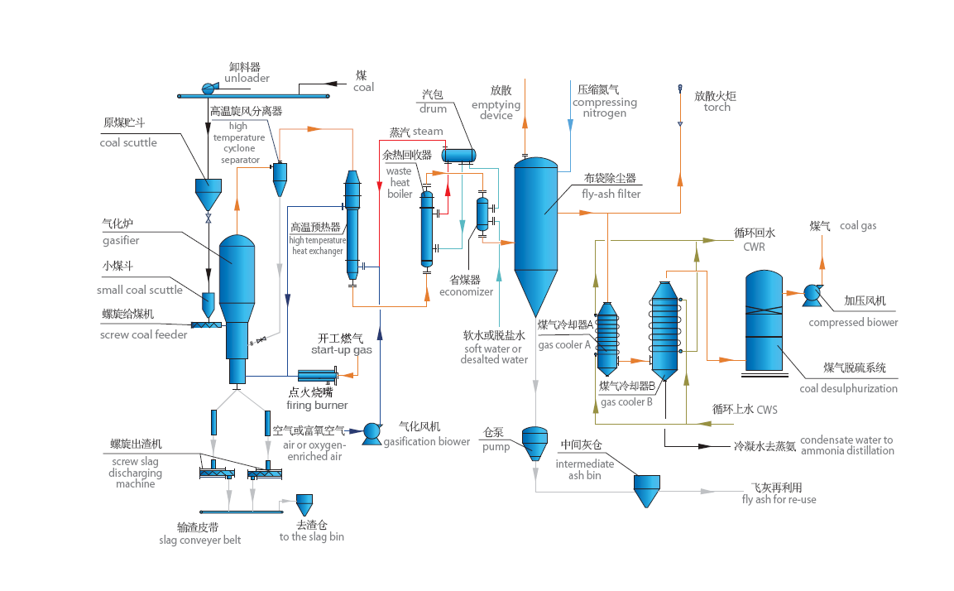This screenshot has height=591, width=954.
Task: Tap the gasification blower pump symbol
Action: click(371, 430)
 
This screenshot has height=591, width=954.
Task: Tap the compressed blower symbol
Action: click(812, 292)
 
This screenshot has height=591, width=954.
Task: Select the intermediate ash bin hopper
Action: click(646, 489)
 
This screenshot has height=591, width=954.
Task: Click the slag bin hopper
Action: click(304, 506)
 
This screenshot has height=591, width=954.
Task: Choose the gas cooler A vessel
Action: click(608, 337)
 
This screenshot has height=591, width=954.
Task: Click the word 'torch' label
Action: click(717, 108)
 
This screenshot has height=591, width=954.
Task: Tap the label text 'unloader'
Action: click(247, 78)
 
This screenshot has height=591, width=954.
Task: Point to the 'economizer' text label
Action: click(466, 291)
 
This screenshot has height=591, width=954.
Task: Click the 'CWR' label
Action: click(754, 247)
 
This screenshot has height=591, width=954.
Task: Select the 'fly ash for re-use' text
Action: click(779, 499)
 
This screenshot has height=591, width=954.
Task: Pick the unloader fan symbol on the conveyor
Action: click(209, 87)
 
